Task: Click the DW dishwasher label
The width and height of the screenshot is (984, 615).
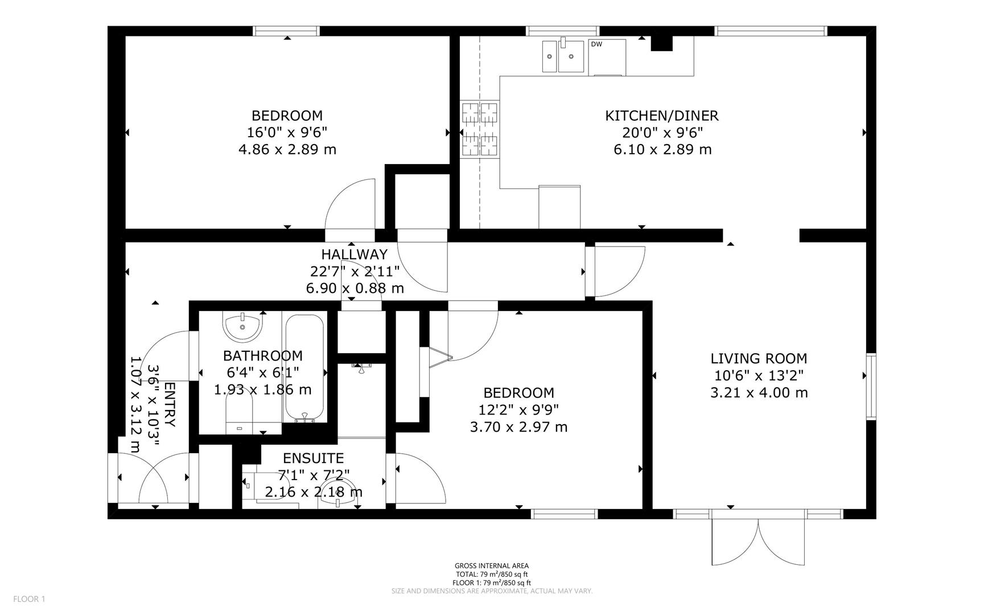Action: (x=596, y=44)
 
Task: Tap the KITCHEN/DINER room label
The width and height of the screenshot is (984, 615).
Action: (x=662, y=116)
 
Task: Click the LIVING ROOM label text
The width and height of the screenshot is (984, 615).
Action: (x=759, y=358)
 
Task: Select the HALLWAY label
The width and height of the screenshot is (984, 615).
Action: (x=354, y=254)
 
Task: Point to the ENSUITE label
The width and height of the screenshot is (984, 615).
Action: (x=313, y=458)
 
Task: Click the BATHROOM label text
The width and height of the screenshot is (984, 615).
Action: (x=262, y=356)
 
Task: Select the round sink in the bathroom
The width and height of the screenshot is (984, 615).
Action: (x=243, y=326)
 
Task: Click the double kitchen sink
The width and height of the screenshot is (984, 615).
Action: (x=563, y=56)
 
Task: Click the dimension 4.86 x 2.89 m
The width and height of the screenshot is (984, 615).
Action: (x=287, y=150)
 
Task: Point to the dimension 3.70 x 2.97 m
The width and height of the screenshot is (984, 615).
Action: (x=518, y=427)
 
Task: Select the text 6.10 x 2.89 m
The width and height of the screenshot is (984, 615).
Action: (x=662, y=150)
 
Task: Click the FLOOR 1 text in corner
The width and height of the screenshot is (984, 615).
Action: (x=28, y=599)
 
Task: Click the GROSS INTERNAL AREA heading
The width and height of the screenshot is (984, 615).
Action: (x=491, y=565)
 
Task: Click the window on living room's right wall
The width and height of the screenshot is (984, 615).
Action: (x=871, y=386)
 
